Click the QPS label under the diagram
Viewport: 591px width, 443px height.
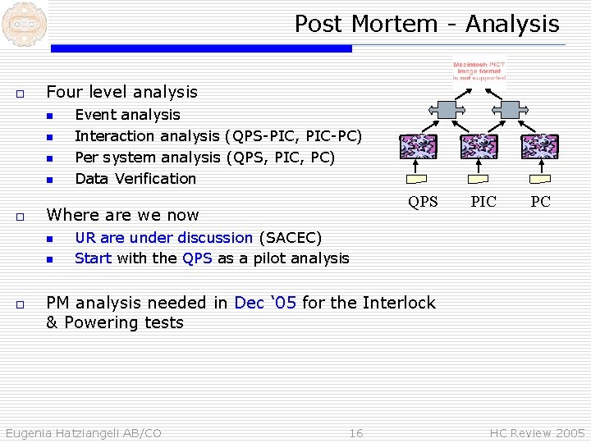424,202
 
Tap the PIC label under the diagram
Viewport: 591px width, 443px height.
483,202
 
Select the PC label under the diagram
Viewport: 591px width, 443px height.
540,202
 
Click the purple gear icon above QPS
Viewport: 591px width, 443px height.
419,146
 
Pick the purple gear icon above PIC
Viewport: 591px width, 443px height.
479,146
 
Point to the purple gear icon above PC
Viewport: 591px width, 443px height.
540,146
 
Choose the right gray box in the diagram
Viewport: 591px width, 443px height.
510,108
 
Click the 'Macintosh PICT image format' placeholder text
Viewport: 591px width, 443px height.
479,71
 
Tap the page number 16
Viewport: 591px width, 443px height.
355,433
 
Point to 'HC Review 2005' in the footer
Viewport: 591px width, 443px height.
537,433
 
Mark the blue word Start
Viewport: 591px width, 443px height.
93,258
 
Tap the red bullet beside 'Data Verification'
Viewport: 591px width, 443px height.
49,179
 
